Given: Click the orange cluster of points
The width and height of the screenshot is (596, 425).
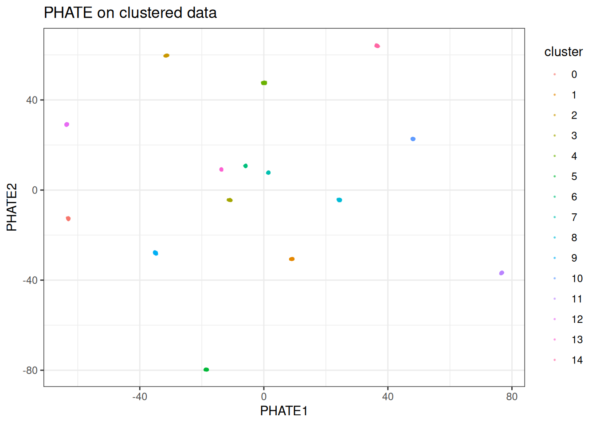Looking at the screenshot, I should [x=292, y=259].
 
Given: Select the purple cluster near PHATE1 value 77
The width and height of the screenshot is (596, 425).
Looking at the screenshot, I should [x=502, y=273].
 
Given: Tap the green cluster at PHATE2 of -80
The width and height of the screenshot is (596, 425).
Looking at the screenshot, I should [x=206, y=370].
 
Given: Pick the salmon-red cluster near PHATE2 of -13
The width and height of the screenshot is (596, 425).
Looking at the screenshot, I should [x=68, y=219].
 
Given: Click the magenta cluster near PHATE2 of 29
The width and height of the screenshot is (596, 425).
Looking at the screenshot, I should [x=67, y=124].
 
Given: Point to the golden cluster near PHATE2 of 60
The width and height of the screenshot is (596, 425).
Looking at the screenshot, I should [x=166, y=56].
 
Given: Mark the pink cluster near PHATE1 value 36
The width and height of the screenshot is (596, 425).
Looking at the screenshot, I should [x=377, y=46].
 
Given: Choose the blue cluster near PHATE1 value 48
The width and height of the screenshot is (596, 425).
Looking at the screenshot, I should [x=413, y=139].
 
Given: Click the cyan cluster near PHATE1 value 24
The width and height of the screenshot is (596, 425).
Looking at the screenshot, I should [x=339, y=200].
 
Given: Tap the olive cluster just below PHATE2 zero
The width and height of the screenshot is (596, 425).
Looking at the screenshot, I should [x=230, y=200].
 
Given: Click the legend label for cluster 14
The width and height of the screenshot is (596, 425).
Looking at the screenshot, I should [x=577, y=360].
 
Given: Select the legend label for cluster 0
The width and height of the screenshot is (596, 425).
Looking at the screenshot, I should [x=574, y=74].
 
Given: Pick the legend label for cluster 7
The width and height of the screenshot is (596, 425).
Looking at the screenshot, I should [x=574, y=217].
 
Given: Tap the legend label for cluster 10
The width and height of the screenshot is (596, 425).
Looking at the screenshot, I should [x=577, y=278].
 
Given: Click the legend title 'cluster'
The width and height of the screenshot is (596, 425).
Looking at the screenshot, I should [x=563, y=52].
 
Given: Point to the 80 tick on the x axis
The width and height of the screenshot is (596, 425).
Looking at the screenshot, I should [x=512, y=397].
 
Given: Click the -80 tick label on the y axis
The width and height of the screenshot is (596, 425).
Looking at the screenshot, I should [x=31, y=371].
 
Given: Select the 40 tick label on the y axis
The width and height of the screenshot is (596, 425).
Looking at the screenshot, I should [x=32, y=100].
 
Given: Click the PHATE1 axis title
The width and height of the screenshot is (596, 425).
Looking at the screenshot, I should [x=284, y=411].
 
